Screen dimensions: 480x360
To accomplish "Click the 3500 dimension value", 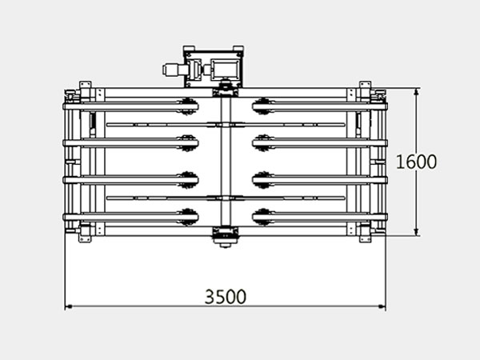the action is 226,296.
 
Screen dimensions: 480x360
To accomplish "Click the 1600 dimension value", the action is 416,162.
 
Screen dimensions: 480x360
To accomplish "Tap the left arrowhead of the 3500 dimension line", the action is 69,306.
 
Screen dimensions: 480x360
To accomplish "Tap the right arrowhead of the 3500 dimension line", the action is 382,306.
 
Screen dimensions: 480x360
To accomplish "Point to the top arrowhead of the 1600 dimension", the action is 416,92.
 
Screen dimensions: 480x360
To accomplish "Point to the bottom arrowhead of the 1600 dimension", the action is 416,232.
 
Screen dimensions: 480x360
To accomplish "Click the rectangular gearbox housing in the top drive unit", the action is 225,69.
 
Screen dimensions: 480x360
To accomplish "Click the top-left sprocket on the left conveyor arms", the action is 187,106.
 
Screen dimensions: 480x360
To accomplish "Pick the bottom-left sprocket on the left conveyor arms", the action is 187,217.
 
